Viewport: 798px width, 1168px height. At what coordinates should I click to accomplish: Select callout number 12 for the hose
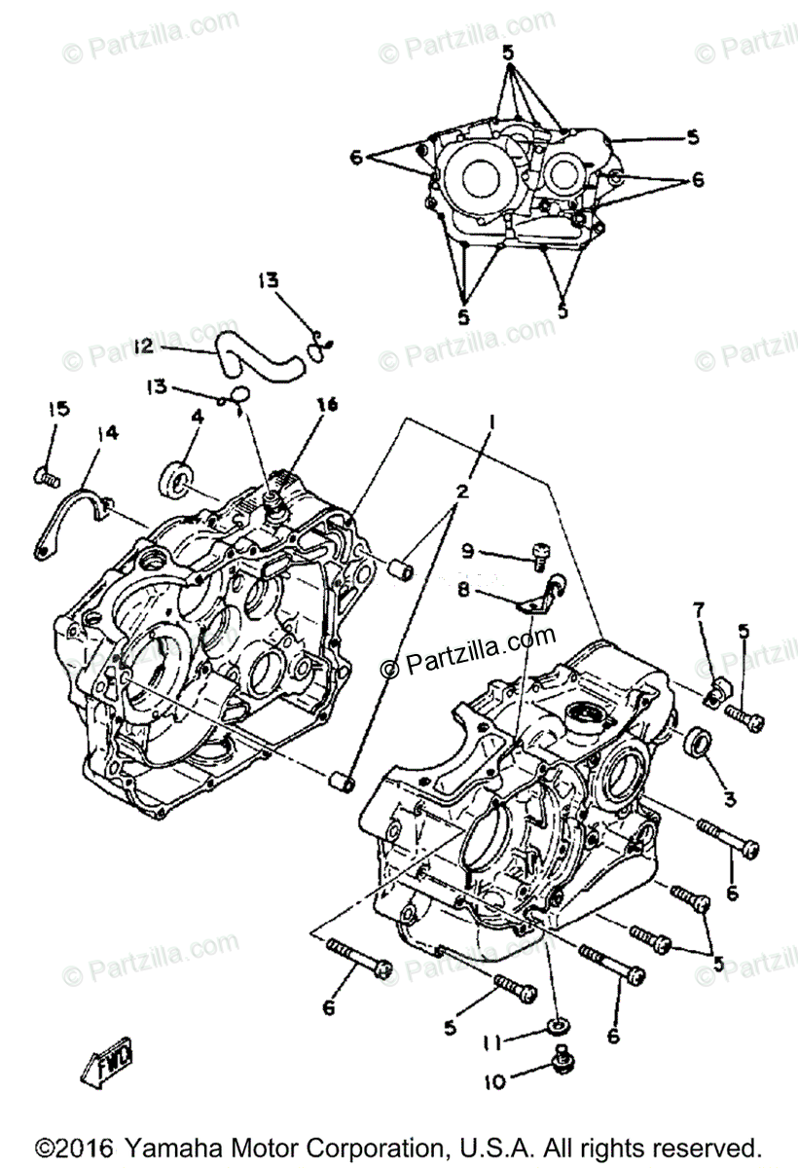click(143, 346)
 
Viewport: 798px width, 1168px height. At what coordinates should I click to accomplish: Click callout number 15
click(59, 410)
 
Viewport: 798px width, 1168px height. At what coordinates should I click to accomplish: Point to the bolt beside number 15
click(46, 476)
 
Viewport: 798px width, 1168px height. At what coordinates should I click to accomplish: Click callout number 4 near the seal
click(198, 416)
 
